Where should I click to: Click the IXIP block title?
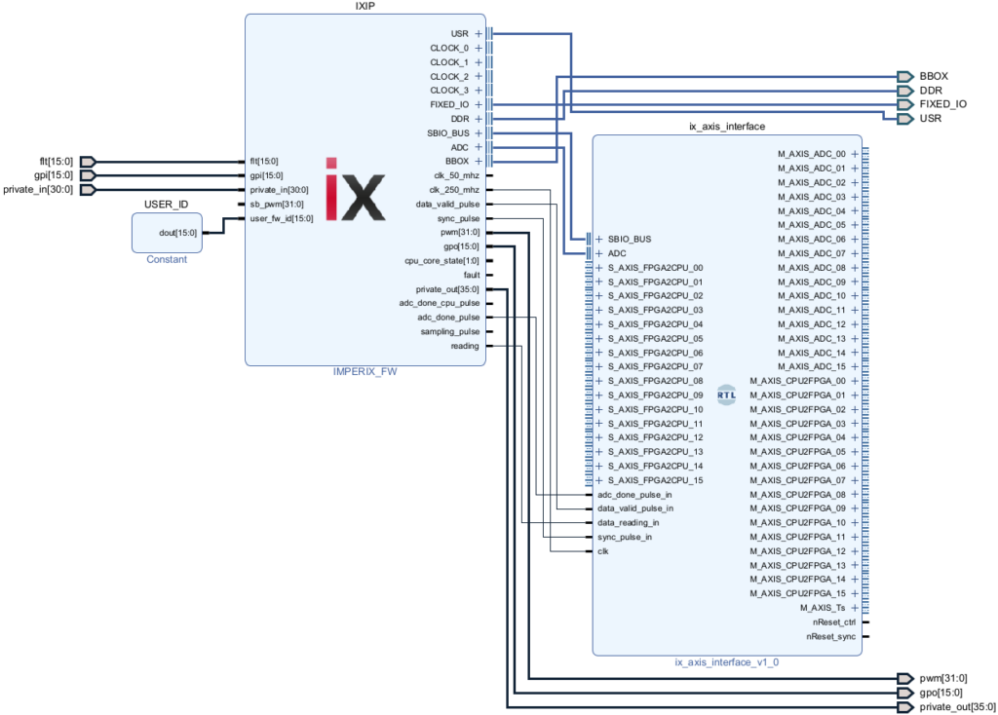point(365,7)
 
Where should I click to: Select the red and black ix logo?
point(355,188)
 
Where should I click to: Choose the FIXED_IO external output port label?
point(942,103)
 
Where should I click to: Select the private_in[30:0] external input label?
point(39,189)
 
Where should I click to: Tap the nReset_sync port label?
point(830,635)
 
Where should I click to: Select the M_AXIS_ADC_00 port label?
point(811,154)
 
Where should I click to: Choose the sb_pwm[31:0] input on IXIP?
point(278,204)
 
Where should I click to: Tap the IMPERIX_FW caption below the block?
point(365,371)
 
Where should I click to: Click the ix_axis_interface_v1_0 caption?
point(726,662)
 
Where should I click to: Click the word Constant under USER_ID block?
point(167,259)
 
